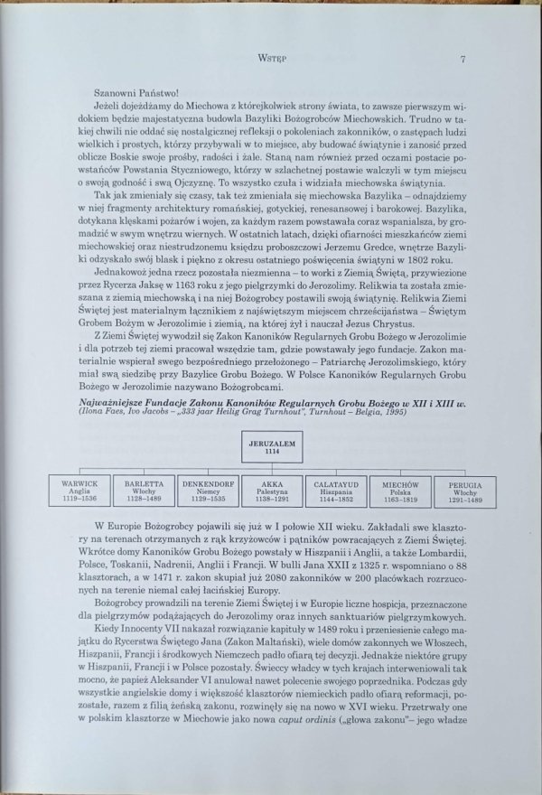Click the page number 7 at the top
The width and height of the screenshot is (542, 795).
click(x=462, y=61)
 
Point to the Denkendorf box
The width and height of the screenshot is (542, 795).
click(x=209, y=490)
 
